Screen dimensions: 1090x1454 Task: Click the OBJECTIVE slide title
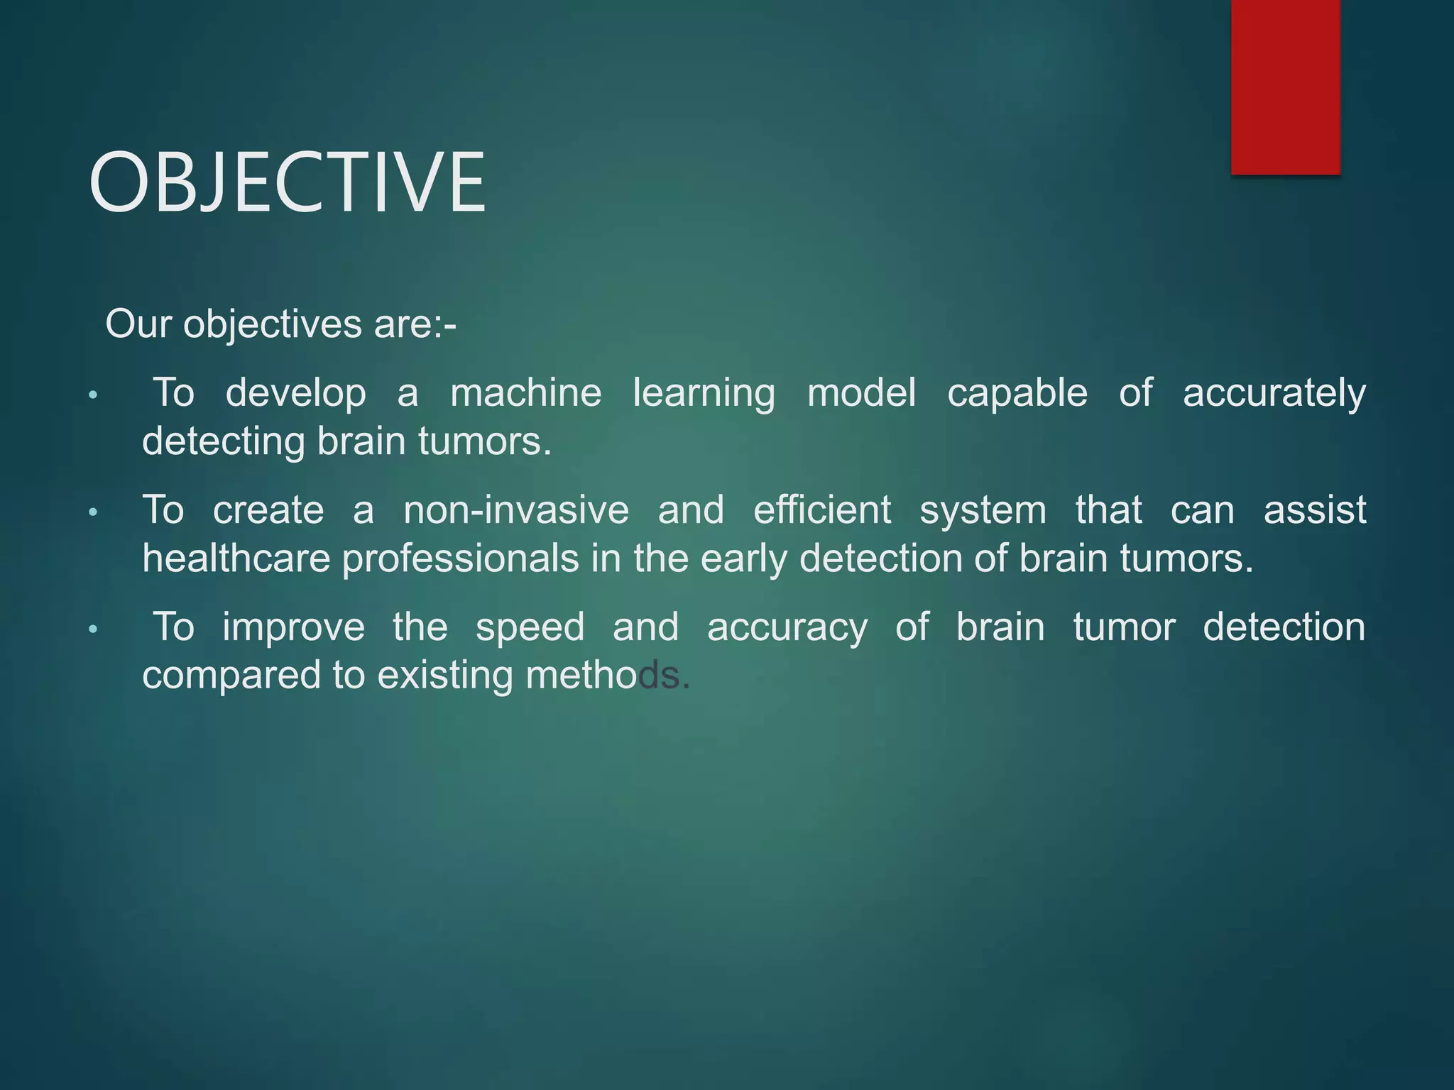point(288,182)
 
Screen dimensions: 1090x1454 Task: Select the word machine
point(526,392)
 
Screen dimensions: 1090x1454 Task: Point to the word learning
point(704,394)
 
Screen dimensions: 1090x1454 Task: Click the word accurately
point(1274,394)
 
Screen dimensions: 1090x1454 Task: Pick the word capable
point(1017,394)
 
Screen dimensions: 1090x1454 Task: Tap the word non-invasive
point(516,510)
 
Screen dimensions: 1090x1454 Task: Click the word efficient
point(821,510)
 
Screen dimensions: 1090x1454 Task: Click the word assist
point(1315,510)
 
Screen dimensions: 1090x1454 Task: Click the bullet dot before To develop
point(92,395)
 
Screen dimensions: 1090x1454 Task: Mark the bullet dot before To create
point(92,512)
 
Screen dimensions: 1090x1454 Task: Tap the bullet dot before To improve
point(92,629)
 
